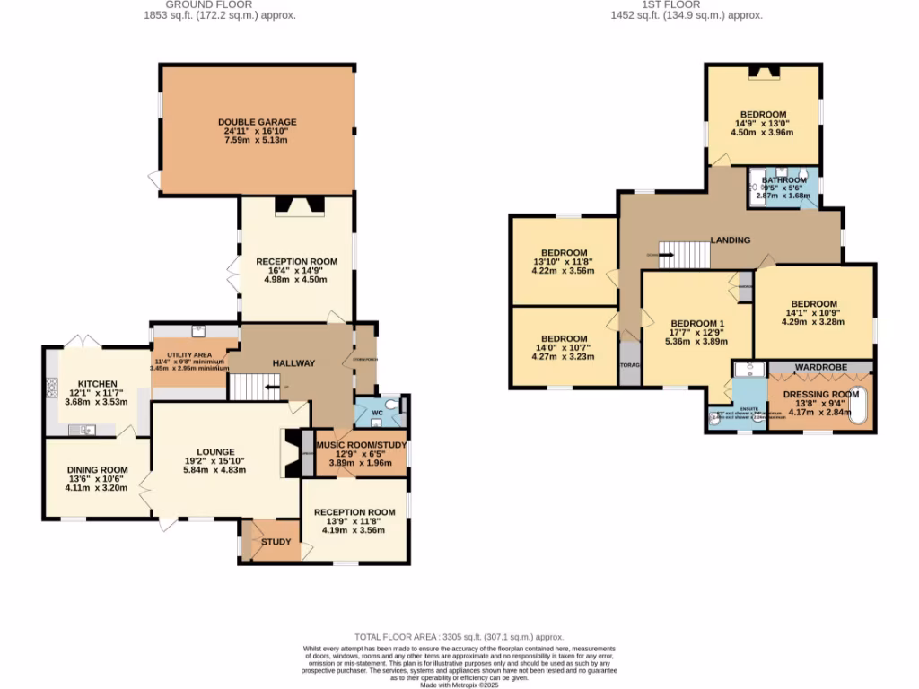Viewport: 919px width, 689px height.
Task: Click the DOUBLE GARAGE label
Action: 257,122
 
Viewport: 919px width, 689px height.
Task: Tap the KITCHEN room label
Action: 92,383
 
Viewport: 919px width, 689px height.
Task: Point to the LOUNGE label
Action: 215,451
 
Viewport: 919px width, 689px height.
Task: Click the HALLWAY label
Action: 293,363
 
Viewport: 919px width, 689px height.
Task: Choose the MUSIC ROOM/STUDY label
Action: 362,445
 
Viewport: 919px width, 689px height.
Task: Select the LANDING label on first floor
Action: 730,240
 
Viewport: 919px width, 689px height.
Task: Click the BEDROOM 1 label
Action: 697,323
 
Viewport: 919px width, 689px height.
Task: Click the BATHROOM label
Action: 784,179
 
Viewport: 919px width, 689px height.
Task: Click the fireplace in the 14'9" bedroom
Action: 762,74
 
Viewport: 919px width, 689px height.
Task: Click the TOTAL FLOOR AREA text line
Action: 459,634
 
